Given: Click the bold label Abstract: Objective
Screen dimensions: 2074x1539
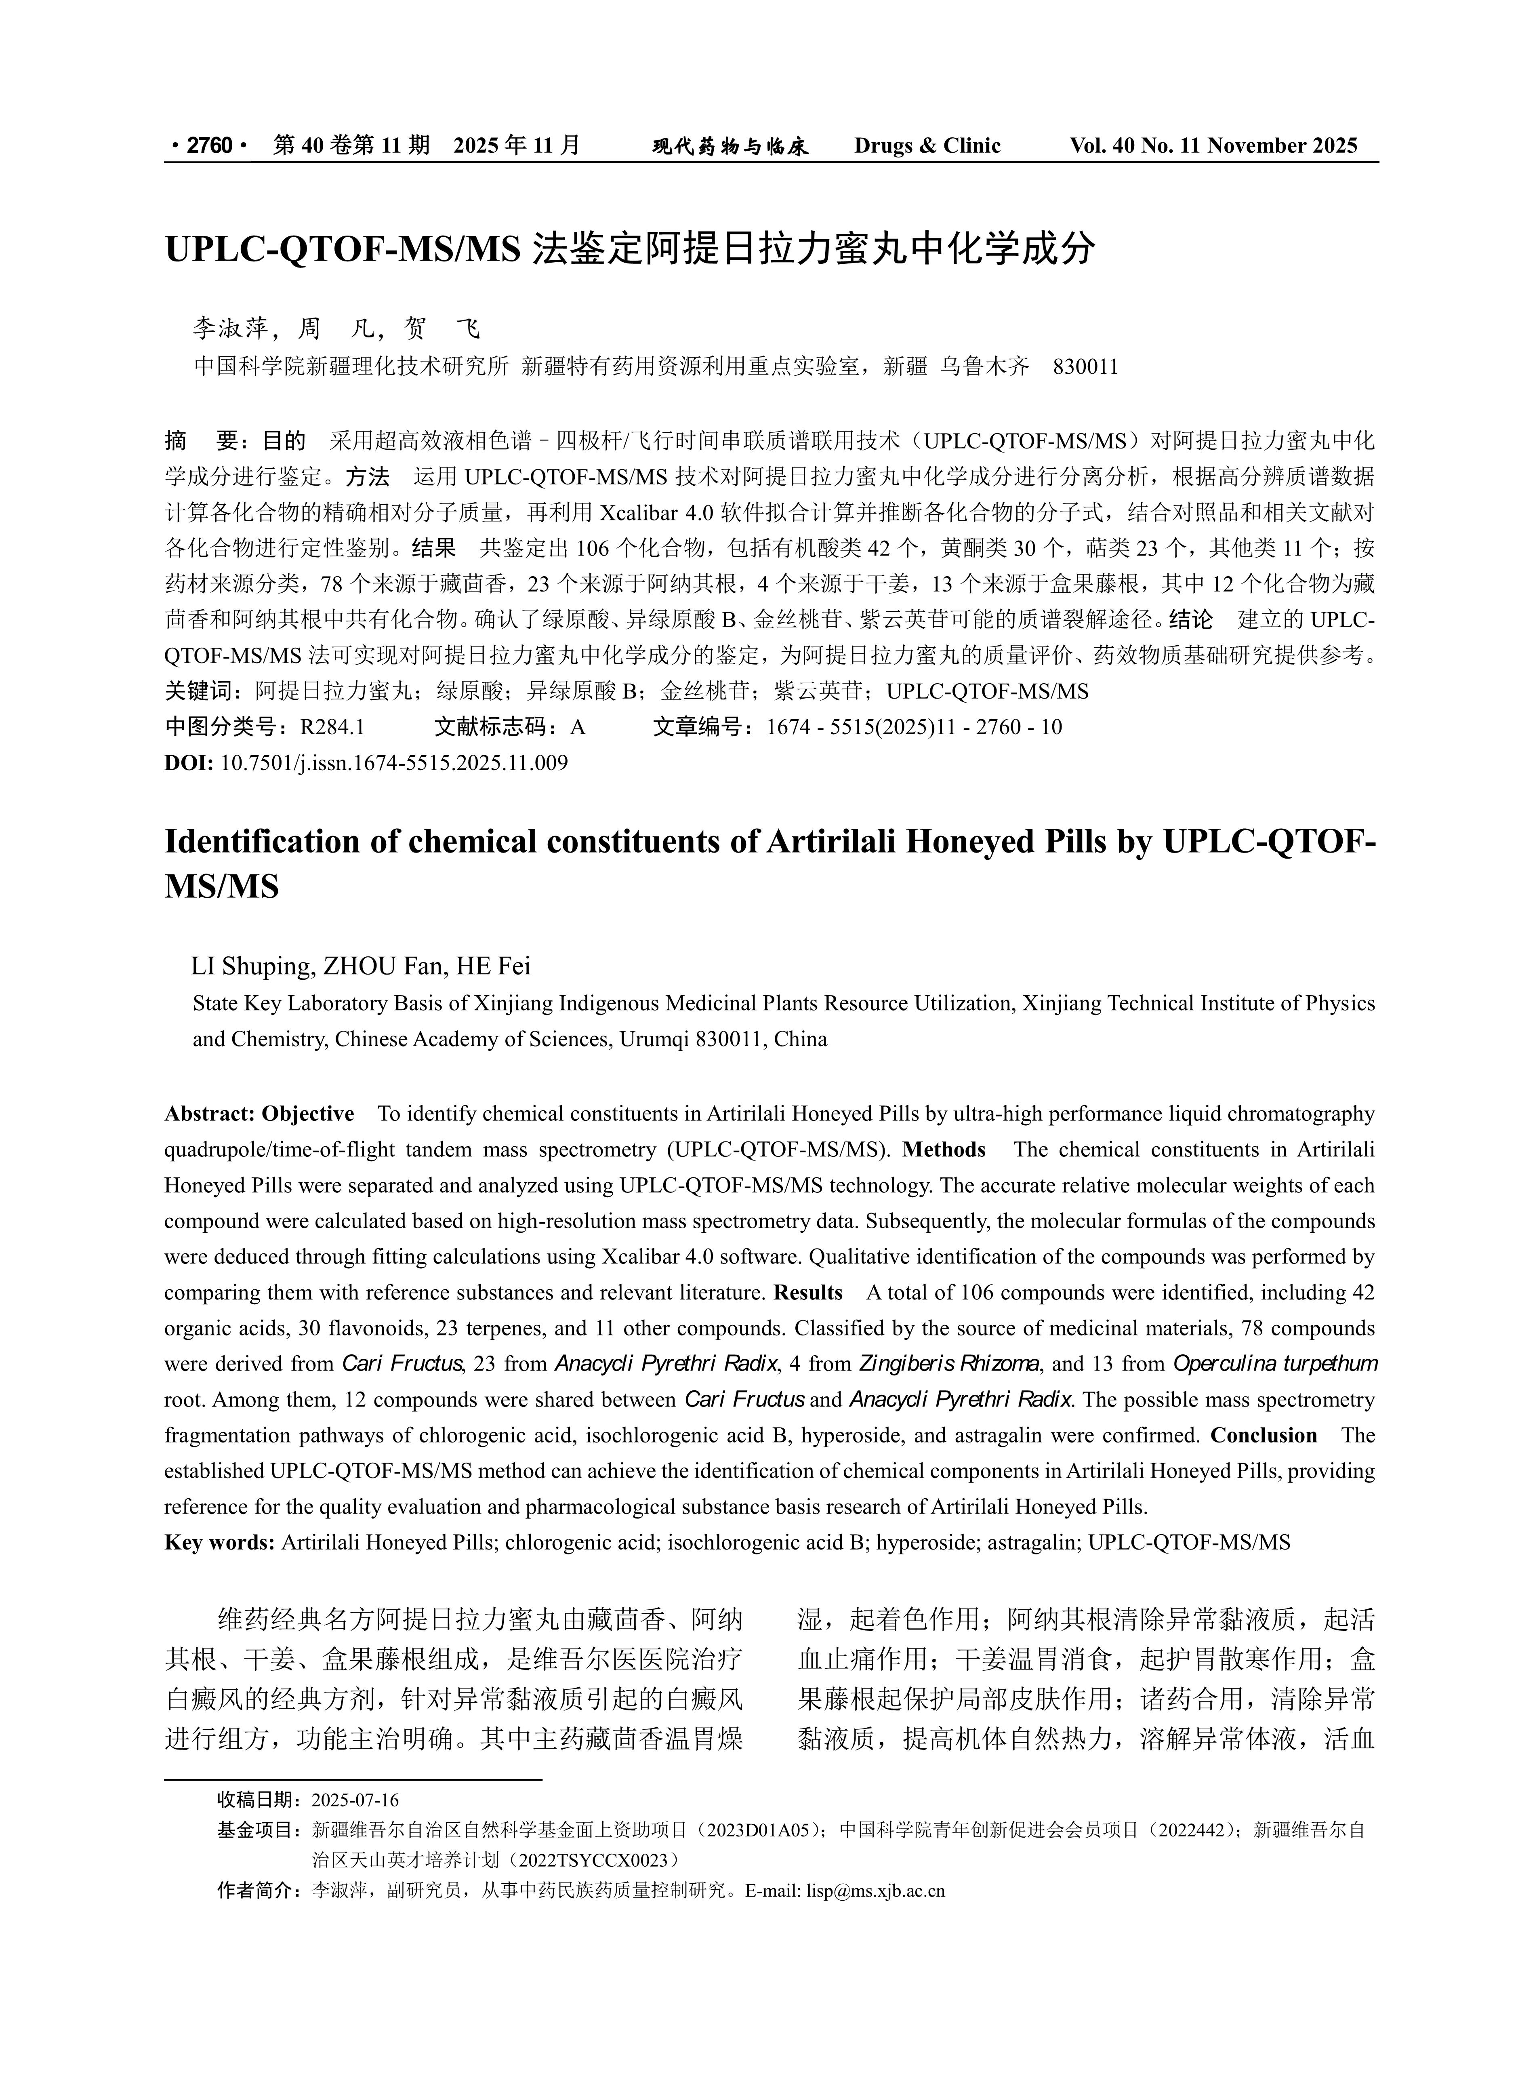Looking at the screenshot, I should click(x=259, y=1114).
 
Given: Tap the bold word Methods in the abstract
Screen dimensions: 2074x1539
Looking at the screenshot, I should click(x=944, y=1150).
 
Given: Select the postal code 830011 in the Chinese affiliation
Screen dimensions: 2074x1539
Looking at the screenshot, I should click(x=1085, y=366).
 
